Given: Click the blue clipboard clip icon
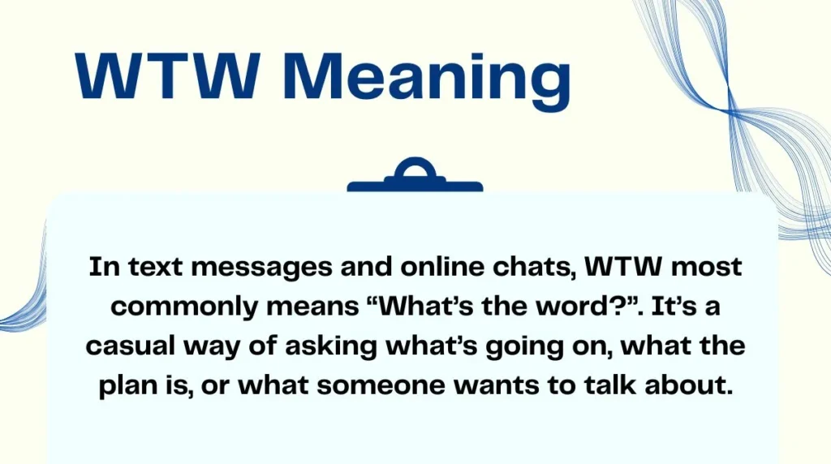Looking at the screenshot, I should point(415,178).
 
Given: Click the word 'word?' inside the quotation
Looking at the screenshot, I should point(566,307).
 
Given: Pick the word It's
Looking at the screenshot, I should point(659,307).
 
